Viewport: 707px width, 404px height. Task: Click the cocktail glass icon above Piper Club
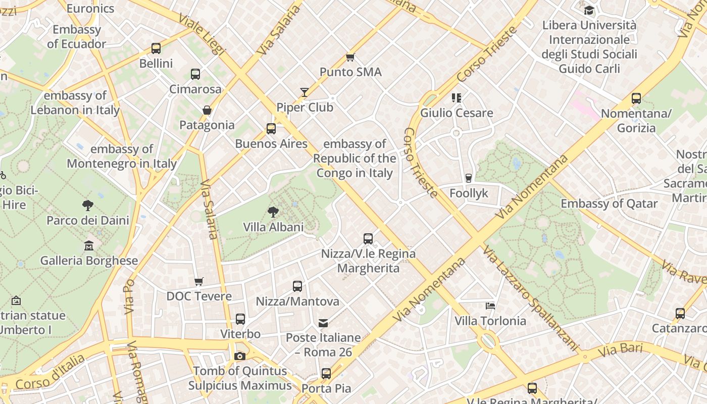click(x=305, y=92)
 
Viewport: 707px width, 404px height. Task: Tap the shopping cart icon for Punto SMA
click(x=350, y=57)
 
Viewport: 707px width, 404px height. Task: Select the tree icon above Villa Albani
click(x=273, y=212)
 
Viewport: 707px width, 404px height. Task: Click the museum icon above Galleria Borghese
click(x=89, y=246)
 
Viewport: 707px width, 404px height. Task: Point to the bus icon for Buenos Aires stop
click(x=271, y=128)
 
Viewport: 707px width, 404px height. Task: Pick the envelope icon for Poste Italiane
click(x=323, y=323)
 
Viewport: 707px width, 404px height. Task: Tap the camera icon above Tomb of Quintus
click(x=240, y=356)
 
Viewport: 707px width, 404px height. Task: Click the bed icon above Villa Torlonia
click(x=490, y=306)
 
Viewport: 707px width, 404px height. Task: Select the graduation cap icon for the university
click(x=589, y=10)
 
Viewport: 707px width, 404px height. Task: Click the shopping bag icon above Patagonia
click(x=207, y=110)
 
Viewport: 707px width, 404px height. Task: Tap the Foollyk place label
click(x=469, y=193)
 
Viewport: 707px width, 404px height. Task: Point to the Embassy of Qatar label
click(x=609, y=204)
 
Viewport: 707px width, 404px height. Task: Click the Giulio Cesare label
click(x=457, y=113)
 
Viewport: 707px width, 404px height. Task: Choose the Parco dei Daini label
click(x=88, y=220)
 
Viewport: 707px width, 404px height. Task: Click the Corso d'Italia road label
click(x=50, y=372)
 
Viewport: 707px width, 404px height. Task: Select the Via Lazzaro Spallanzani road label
click(x=530, y=298)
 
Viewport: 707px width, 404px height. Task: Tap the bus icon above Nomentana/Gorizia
click(x=636, y=98)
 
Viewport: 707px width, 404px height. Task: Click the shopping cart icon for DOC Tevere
click(x=199, y=281)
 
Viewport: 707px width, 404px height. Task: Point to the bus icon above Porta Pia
click(x=326, y=374)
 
